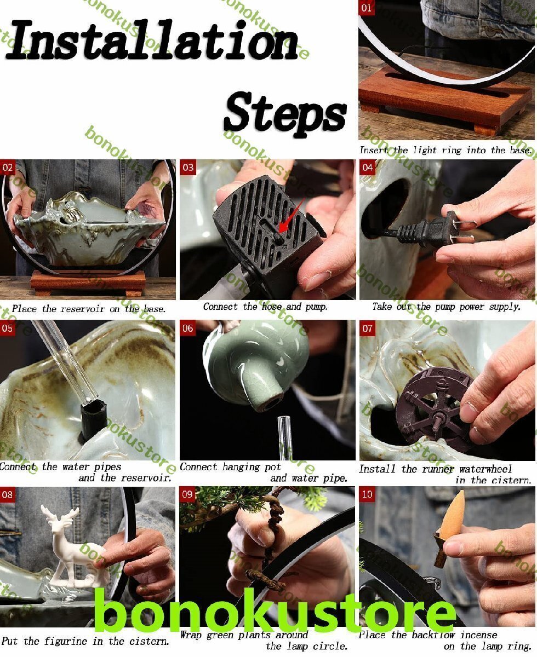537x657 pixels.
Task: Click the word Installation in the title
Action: click(x=151, y=40)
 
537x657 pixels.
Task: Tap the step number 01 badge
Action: click(x=366, y=8)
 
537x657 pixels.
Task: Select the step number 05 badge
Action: click(x=8, y=328)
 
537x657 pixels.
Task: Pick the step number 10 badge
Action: click(x=367, y=494)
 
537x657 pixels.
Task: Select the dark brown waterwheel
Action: click(x=433, y=411)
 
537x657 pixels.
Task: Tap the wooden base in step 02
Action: click(x=88, y=283)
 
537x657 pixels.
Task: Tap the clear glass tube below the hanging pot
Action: click(x=284, y=437)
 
